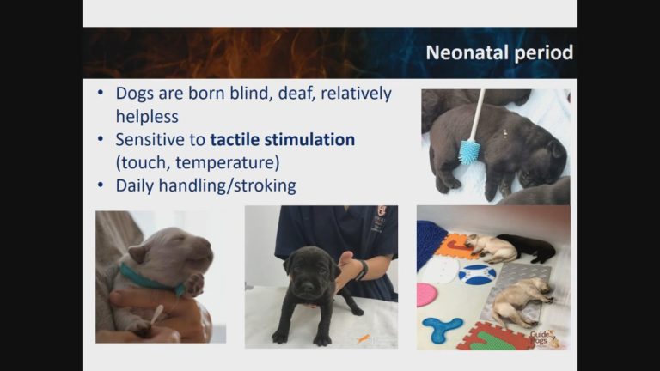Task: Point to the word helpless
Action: (x=147, y=116)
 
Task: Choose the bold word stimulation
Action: (x=315, y=139)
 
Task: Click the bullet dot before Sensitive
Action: (x=101, y=139)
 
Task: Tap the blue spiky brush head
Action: (x=469, y=152)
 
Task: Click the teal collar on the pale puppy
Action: (x=149, y=278)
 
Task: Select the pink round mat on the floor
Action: (x=427, y=295)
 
